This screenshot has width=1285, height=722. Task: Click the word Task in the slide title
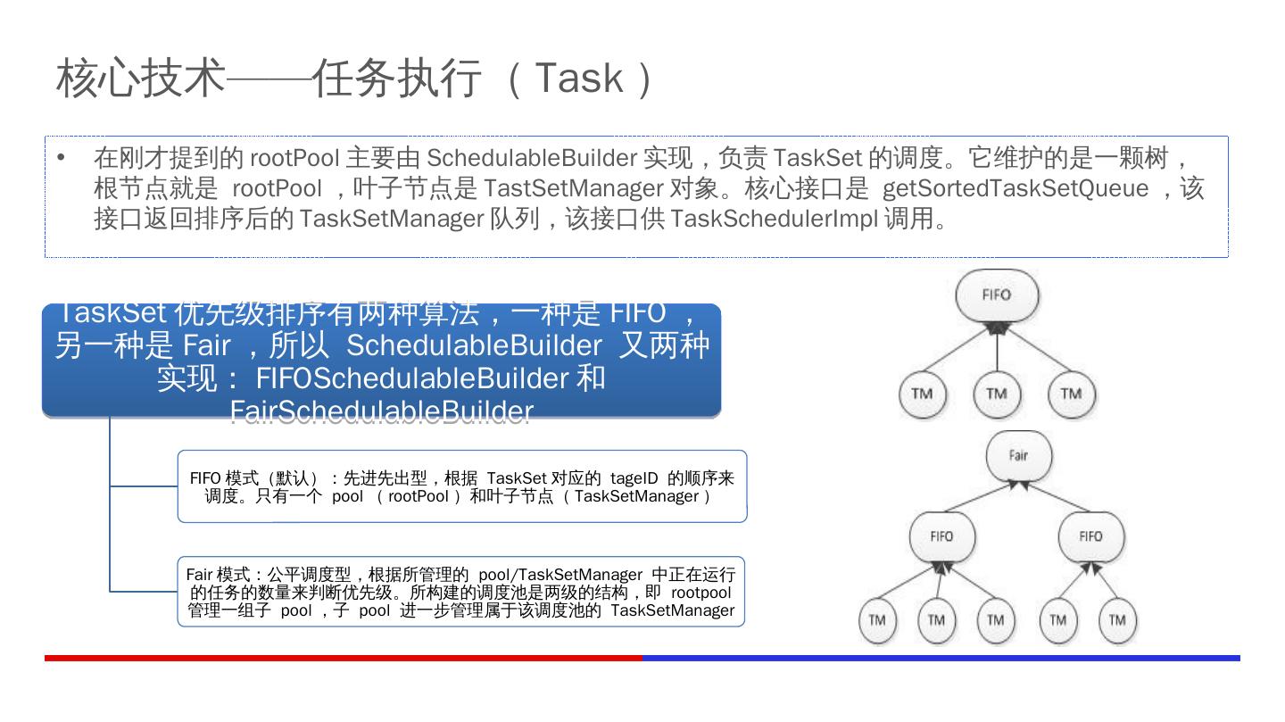coord(578,78)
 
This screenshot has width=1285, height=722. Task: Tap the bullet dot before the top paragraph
coord(61,158)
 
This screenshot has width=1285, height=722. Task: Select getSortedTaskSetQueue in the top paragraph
coord(1016,188)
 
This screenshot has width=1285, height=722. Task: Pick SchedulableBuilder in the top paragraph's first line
coord(531,158)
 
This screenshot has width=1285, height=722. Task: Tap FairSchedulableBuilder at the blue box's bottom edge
coord(381,411)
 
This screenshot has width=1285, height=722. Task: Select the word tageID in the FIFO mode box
coord(634,478)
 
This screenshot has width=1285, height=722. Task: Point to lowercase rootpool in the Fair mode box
coord(701,593)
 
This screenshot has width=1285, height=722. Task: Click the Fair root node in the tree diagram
coord(1018,455)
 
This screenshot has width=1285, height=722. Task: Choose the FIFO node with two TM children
coord(1090,536)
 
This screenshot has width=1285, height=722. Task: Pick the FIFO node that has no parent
coord(996,295)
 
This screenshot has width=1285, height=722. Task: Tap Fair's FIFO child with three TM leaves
coord(941,536)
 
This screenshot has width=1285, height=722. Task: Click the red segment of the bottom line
coord(344,658)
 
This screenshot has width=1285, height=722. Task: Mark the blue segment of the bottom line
coord(941,658)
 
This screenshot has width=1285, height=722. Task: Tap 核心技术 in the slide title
coord(140,78)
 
